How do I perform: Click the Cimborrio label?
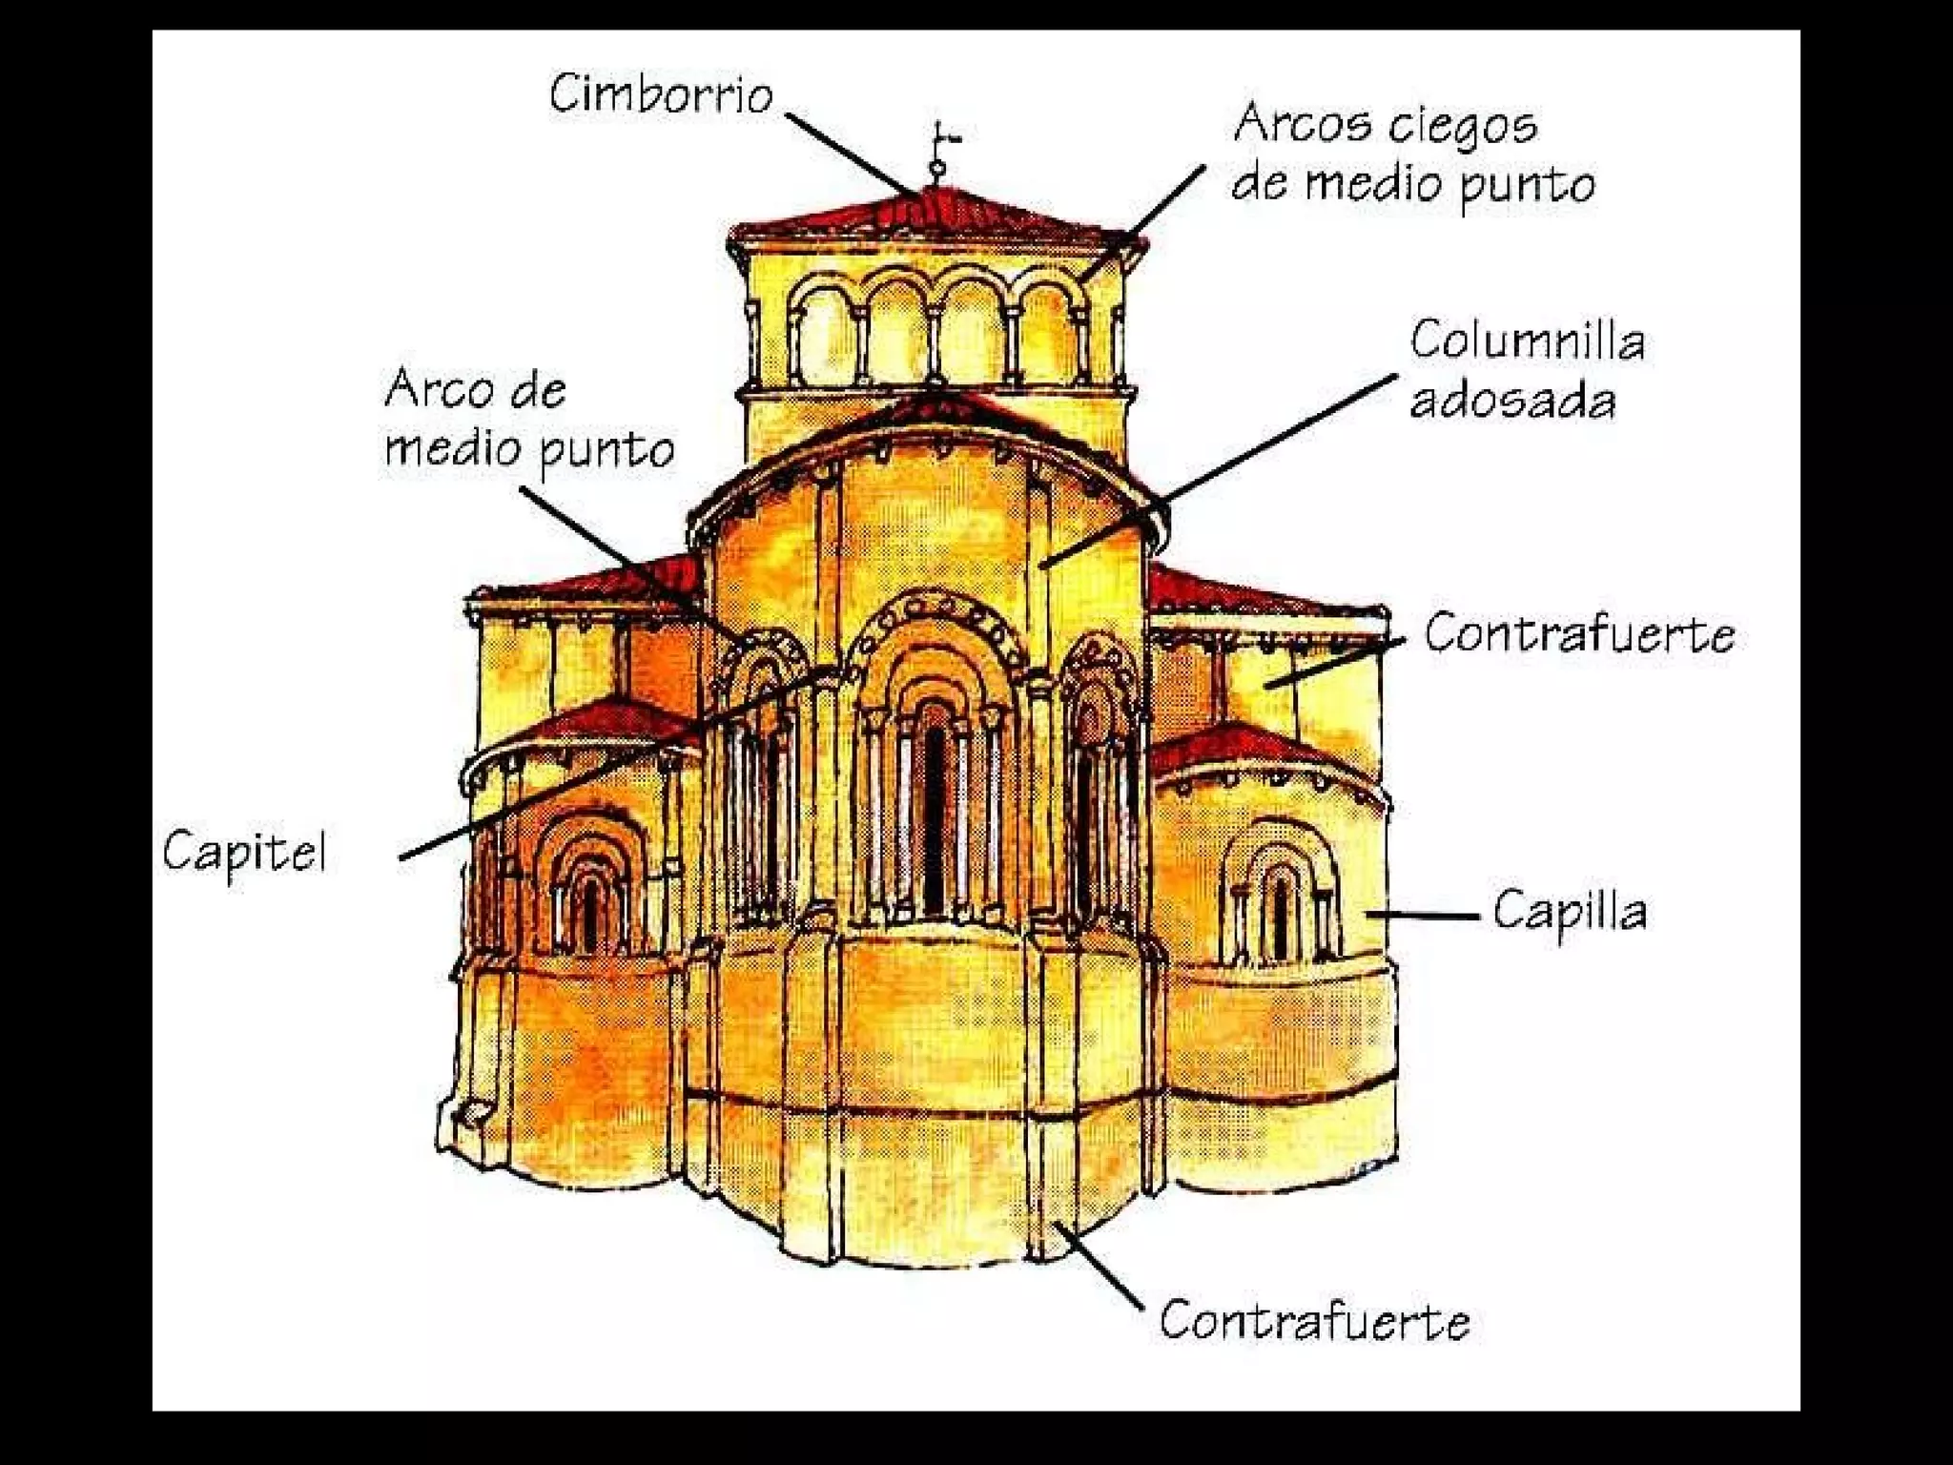(660, 94)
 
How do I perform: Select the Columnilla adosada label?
(1526, 370)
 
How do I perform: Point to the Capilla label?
(1569, 911)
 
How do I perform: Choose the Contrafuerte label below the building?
(1314, 1321)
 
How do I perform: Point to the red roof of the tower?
(935, 215)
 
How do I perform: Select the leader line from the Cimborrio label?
(849, 153)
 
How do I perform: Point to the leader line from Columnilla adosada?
(1221, 467)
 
